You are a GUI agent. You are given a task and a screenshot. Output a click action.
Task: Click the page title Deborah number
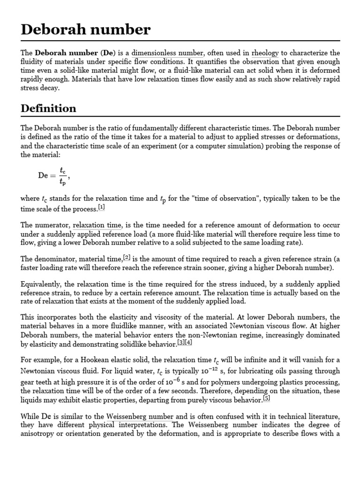point(86,30)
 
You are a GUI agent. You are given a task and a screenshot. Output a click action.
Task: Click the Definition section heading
point(48,108)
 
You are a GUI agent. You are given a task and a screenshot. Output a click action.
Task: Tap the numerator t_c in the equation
point(63,171)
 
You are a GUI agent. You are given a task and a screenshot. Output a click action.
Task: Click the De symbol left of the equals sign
point(43,176)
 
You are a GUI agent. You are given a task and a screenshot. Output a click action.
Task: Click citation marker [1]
point(102,207)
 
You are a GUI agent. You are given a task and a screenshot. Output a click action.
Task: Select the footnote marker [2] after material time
point(127,257)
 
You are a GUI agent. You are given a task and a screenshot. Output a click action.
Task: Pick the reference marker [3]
point(181,343)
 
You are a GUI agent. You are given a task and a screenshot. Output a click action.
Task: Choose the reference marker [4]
point(188,343)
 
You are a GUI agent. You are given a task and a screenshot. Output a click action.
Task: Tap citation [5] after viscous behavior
point(266,399)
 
